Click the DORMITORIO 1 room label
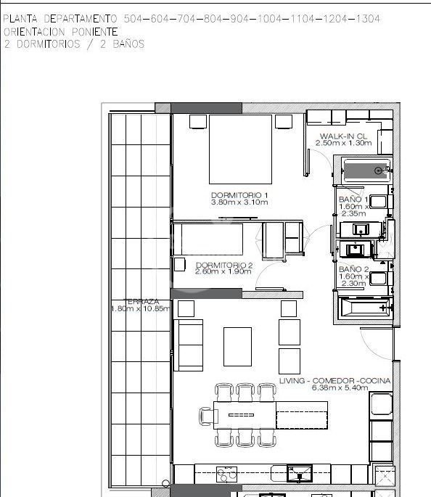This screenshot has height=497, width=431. (x=239, y=195)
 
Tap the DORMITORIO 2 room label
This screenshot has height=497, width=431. (x=224, y=265)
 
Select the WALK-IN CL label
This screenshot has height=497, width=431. (x=343, y=136)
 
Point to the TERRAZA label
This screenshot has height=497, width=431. (x=141, y=302)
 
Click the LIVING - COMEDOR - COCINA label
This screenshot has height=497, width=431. (x=334, y=381)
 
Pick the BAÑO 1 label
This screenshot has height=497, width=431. (x=353, y=200)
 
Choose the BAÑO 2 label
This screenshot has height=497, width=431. (x=353, y=269)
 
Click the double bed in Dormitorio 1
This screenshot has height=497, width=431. (x=241, y=149)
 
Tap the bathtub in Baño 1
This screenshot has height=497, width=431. (x=366, y=171)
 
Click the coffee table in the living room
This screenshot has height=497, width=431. (x=238, y=347)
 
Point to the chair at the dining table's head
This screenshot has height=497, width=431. (x=206, y=416)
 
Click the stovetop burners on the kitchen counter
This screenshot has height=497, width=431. (x=226, y=475)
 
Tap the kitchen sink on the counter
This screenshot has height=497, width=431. (x=299, y=474)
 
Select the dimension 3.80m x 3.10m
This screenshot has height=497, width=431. (x=239, y=202)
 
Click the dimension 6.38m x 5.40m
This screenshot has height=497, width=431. (x=340, y=387)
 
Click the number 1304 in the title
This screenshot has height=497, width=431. (x=368, y=19)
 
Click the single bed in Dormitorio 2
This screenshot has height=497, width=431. (x=208, y=239)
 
